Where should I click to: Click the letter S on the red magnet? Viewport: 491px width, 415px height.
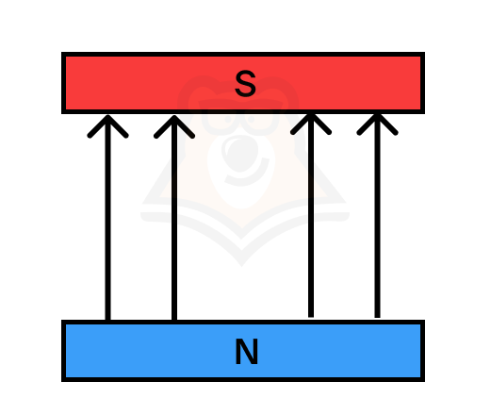245,83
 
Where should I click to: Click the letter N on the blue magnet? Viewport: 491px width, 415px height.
247,351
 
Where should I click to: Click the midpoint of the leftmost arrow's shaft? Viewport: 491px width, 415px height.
107,218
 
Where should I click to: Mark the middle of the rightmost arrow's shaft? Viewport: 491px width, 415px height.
377,215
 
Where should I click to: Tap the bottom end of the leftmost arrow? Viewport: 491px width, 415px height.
107,320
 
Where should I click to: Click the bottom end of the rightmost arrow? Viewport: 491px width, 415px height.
377,318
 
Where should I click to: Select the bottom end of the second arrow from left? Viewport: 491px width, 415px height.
174,320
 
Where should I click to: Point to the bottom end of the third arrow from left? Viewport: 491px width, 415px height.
311,317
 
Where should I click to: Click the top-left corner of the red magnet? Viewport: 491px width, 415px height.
61,52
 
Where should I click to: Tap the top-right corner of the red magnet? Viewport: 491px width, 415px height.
425,52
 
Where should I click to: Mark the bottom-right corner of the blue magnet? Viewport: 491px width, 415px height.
425,381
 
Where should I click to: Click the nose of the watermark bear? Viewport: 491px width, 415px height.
240,153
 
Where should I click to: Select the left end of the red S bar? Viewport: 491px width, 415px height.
63,83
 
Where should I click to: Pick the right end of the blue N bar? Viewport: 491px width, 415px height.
423,351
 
